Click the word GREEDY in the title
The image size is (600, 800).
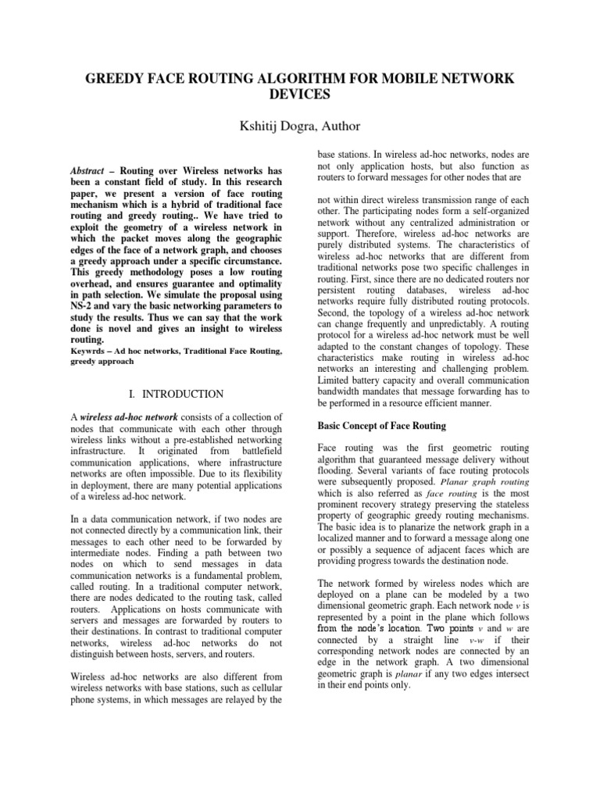(120, 79)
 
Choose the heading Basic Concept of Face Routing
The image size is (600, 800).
(381, 426)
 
